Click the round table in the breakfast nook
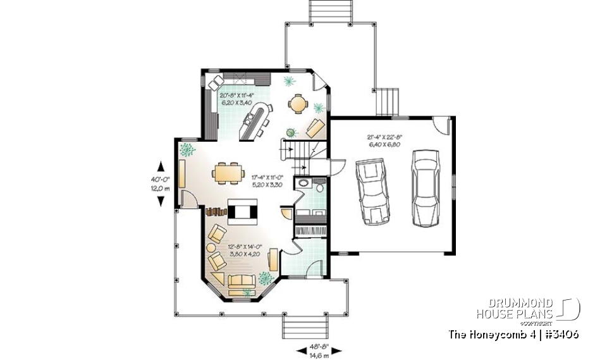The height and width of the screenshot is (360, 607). point(297,102)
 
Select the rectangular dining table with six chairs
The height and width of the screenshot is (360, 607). point(227,172)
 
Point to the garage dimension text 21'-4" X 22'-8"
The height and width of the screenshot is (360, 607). point(384,140)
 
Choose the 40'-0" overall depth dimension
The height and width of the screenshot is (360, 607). point(161,183)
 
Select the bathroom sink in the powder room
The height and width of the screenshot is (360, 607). point(306,183)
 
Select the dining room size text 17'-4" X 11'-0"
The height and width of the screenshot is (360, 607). point(266,182)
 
